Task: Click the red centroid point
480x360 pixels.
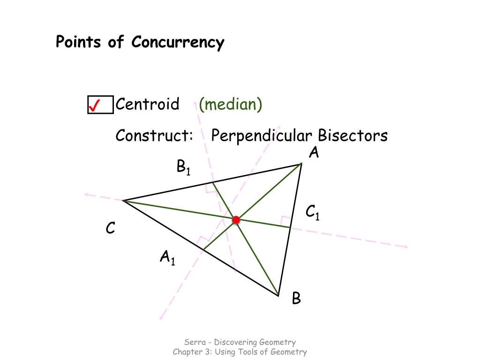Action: coord(236,220)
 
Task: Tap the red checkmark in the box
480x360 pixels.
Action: coord(95,105)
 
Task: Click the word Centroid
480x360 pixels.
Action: coord(147,104)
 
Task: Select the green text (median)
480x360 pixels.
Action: coord(230,104)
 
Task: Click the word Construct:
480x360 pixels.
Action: coord(155,136)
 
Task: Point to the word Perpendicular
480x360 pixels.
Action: coord(261,136)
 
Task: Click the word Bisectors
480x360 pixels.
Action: coord(352,136)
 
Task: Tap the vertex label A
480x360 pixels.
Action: coord(314,153)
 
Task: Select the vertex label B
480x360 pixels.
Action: coord(296,298)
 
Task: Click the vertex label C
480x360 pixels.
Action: coord(111,228)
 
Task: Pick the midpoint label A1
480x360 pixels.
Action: coord(167,257)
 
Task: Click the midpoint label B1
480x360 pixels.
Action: coord(183,167)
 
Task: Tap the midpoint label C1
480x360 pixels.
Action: coord(312,213)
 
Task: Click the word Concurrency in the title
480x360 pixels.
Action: coord(178,42)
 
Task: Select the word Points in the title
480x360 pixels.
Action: coord(78,42)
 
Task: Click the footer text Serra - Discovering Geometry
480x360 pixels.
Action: coord(240,342)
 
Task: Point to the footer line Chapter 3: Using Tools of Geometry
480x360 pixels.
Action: coord(240,352)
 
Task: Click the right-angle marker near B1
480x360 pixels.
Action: coord(208,188)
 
